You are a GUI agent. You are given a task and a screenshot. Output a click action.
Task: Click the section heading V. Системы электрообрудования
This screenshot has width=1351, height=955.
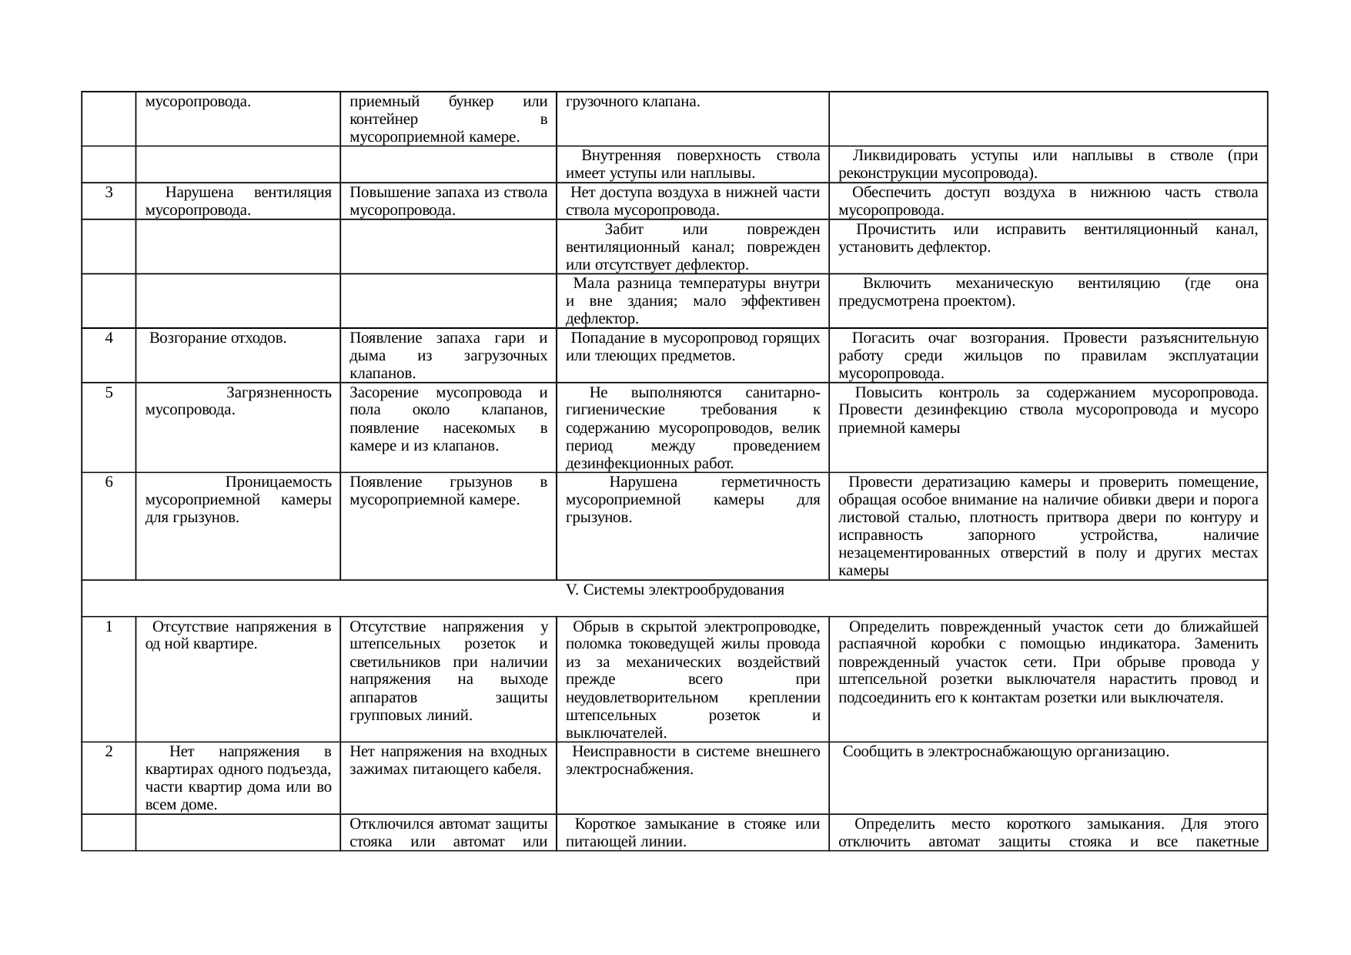pos(674,591)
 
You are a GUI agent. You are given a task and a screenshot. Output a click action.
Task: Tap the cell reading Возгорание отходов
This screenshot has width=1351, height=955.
pos(218,338)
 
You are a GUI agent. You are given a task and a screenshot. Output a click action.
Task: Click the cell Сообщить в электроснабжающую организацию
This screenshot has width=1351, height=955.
pos(1006,752)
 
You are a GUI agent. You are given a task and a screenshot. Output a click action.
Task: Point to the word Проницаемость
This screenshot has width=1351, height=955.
pos(279,483)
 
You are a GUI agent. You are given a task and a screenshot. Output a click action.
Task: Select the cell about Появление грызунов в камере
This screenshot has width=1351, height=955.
pos(448,491)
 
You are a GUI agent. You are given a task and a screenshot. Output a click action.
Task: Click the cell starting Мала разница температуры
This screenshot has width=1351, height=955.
pos(692,301)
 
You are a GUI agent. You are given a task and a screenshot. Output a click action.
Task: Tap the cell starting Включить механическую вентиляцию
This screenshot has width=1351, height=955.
pos(1048,293)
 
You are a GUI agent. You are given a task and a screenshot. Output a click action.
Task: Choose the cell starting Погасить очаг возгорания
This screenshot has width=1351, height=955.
pos(1048,356)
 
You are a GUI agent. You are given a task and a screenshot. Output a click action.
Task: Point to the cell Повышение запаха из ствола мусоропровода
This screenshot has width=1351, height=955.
pos(448,201)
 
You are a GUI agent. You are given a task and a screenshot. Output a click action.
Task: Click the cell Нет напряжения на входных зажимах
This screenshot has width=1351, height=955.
pos(448,761)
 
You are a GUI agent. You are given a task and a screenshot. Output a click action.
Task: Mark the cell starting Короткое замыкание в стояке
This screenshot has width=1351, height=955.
pos(692,833)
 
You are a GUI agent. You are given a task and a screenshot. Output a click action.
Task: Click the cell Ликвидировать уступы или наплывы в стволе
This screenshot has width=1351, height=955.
pos(1048,164)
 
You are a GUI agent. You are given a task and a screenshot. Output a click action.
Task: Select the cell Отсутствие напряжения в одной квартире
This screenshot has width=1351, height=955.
pos(238,636)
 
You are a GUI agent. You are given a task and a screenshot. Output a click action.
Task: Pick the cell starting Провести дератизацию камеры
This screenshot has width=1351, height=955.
pos(1048,526)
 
